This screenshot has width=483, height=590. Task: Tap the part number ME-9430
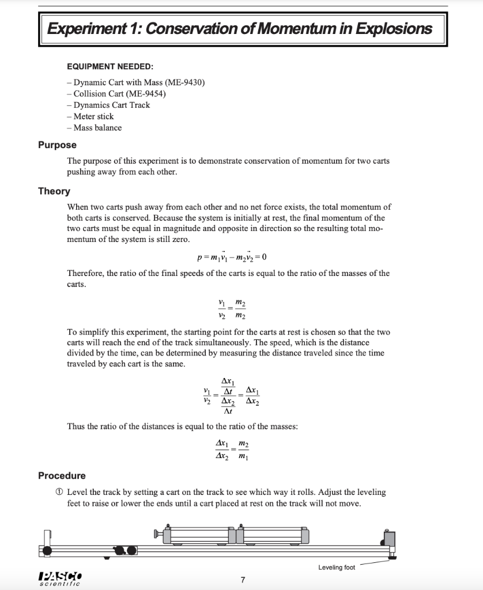click(183, 82)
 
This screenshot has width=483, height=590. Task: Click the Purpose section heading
click(57, 145)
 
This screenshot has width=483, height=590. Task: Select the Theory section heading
click(54, 191)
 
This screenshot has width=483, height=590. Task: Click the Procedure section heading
click(62, 475)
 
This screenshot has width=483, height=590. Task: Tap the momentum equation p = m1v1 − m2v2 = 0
click(228, 256)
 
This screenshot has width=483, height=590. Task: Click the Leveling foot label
click(337, 568)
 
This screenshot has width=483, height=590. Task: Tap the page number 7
click(243, 580)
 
